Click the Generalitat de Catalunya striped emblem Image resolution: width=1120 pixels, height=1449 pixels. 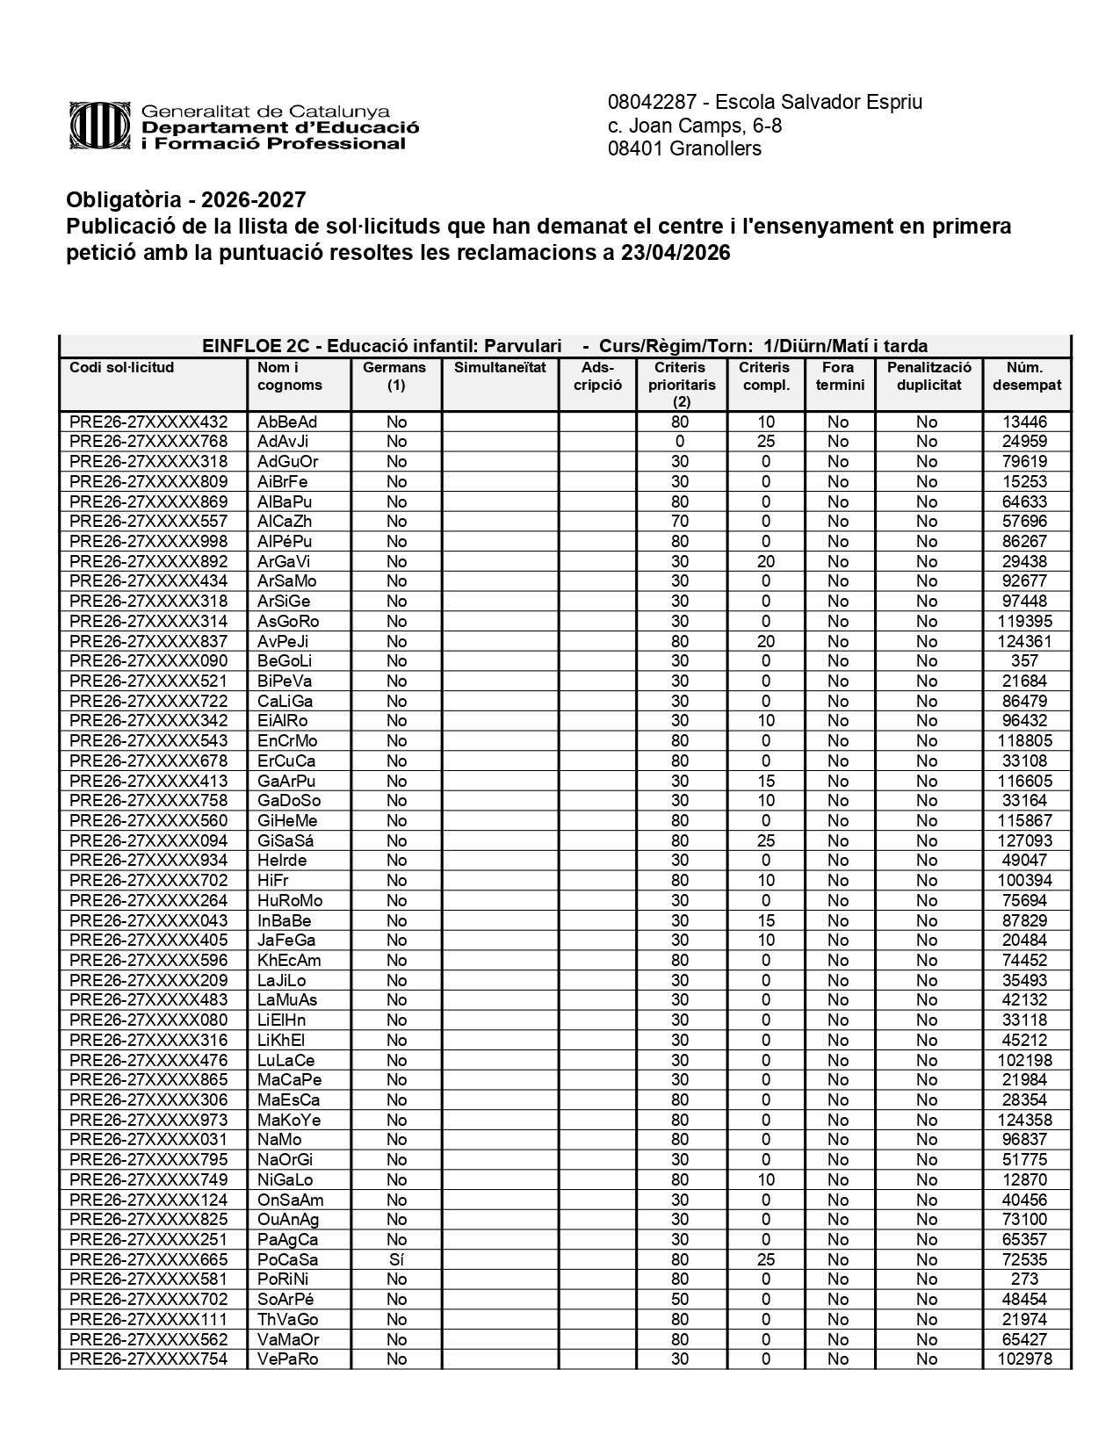101,126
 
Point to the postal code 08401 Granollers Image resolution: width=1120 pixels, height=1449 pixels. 684,148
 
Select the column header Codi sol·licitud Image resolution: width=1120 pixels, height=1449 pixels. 122,368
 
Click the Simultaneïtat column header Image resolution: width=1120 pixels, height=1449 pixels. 500,368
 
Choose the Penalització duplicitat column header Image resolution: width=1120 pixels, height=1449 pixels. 929,376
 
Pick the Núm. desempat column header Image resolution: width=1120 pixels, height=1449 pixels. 1026,376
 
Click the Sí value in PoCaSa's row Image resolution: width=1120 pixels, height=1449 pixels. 396,1259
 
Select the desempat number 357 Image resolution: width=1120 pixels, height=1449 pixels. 1025,661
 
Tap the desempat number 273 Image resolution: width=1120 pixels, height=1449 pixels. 1025,1280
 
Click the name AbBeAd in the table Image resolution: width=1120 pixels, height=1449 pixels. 287,422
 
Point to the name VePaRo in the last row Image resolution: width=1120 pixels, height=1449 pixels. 288,1359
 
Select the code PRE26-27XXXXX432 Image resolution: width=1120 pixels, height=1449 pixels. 148,422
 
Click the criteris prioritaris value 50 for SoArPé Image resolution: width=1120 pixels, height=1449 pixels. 680,1300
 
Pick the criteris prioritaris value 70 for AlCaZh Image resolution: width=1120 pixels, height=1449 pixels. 680,522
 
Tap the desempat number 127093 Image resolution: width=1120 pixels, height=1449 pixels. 1025,840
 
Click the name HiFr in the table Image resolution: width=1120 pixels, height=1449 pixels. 273,881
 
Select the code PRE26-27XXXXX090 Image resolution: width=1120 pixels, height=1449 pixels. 148,661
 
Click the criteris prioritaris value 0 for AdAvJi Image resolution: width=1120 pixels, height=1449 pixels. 680,442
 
